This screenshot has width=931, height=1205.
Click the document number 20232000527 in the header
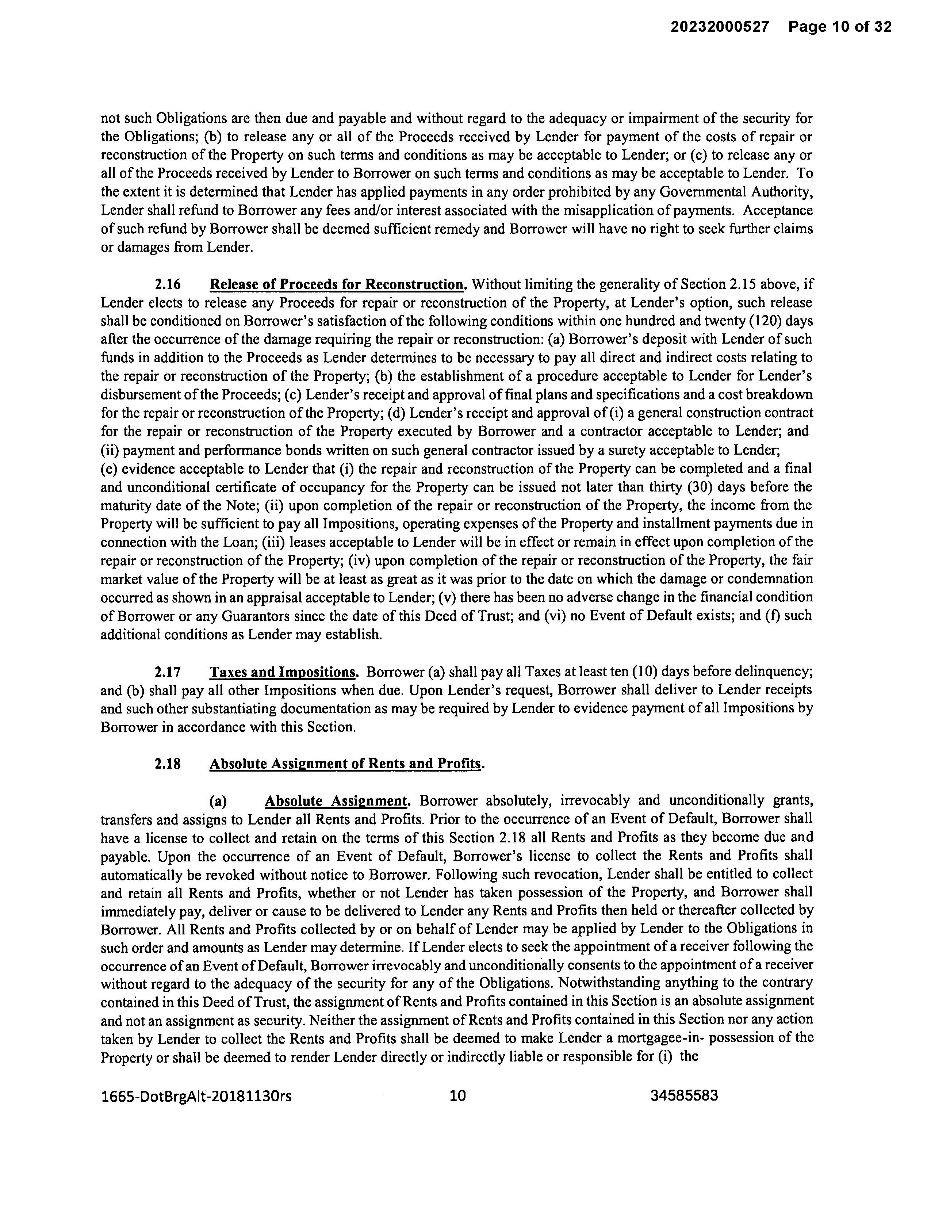(x=719, y=27)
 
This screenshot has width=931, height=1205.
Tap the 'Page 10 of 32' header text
(x=839, y=27)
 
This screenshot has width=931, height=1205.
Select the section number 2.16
(x=168, y=285)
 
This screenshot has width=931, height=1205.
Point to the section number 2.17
(x=168, y=672)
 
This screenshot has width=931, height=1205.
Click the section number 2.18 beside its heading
(x=168, y=764)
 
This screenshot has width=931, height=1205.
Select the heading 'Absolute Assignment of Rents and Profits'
(x=346, y=764)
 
